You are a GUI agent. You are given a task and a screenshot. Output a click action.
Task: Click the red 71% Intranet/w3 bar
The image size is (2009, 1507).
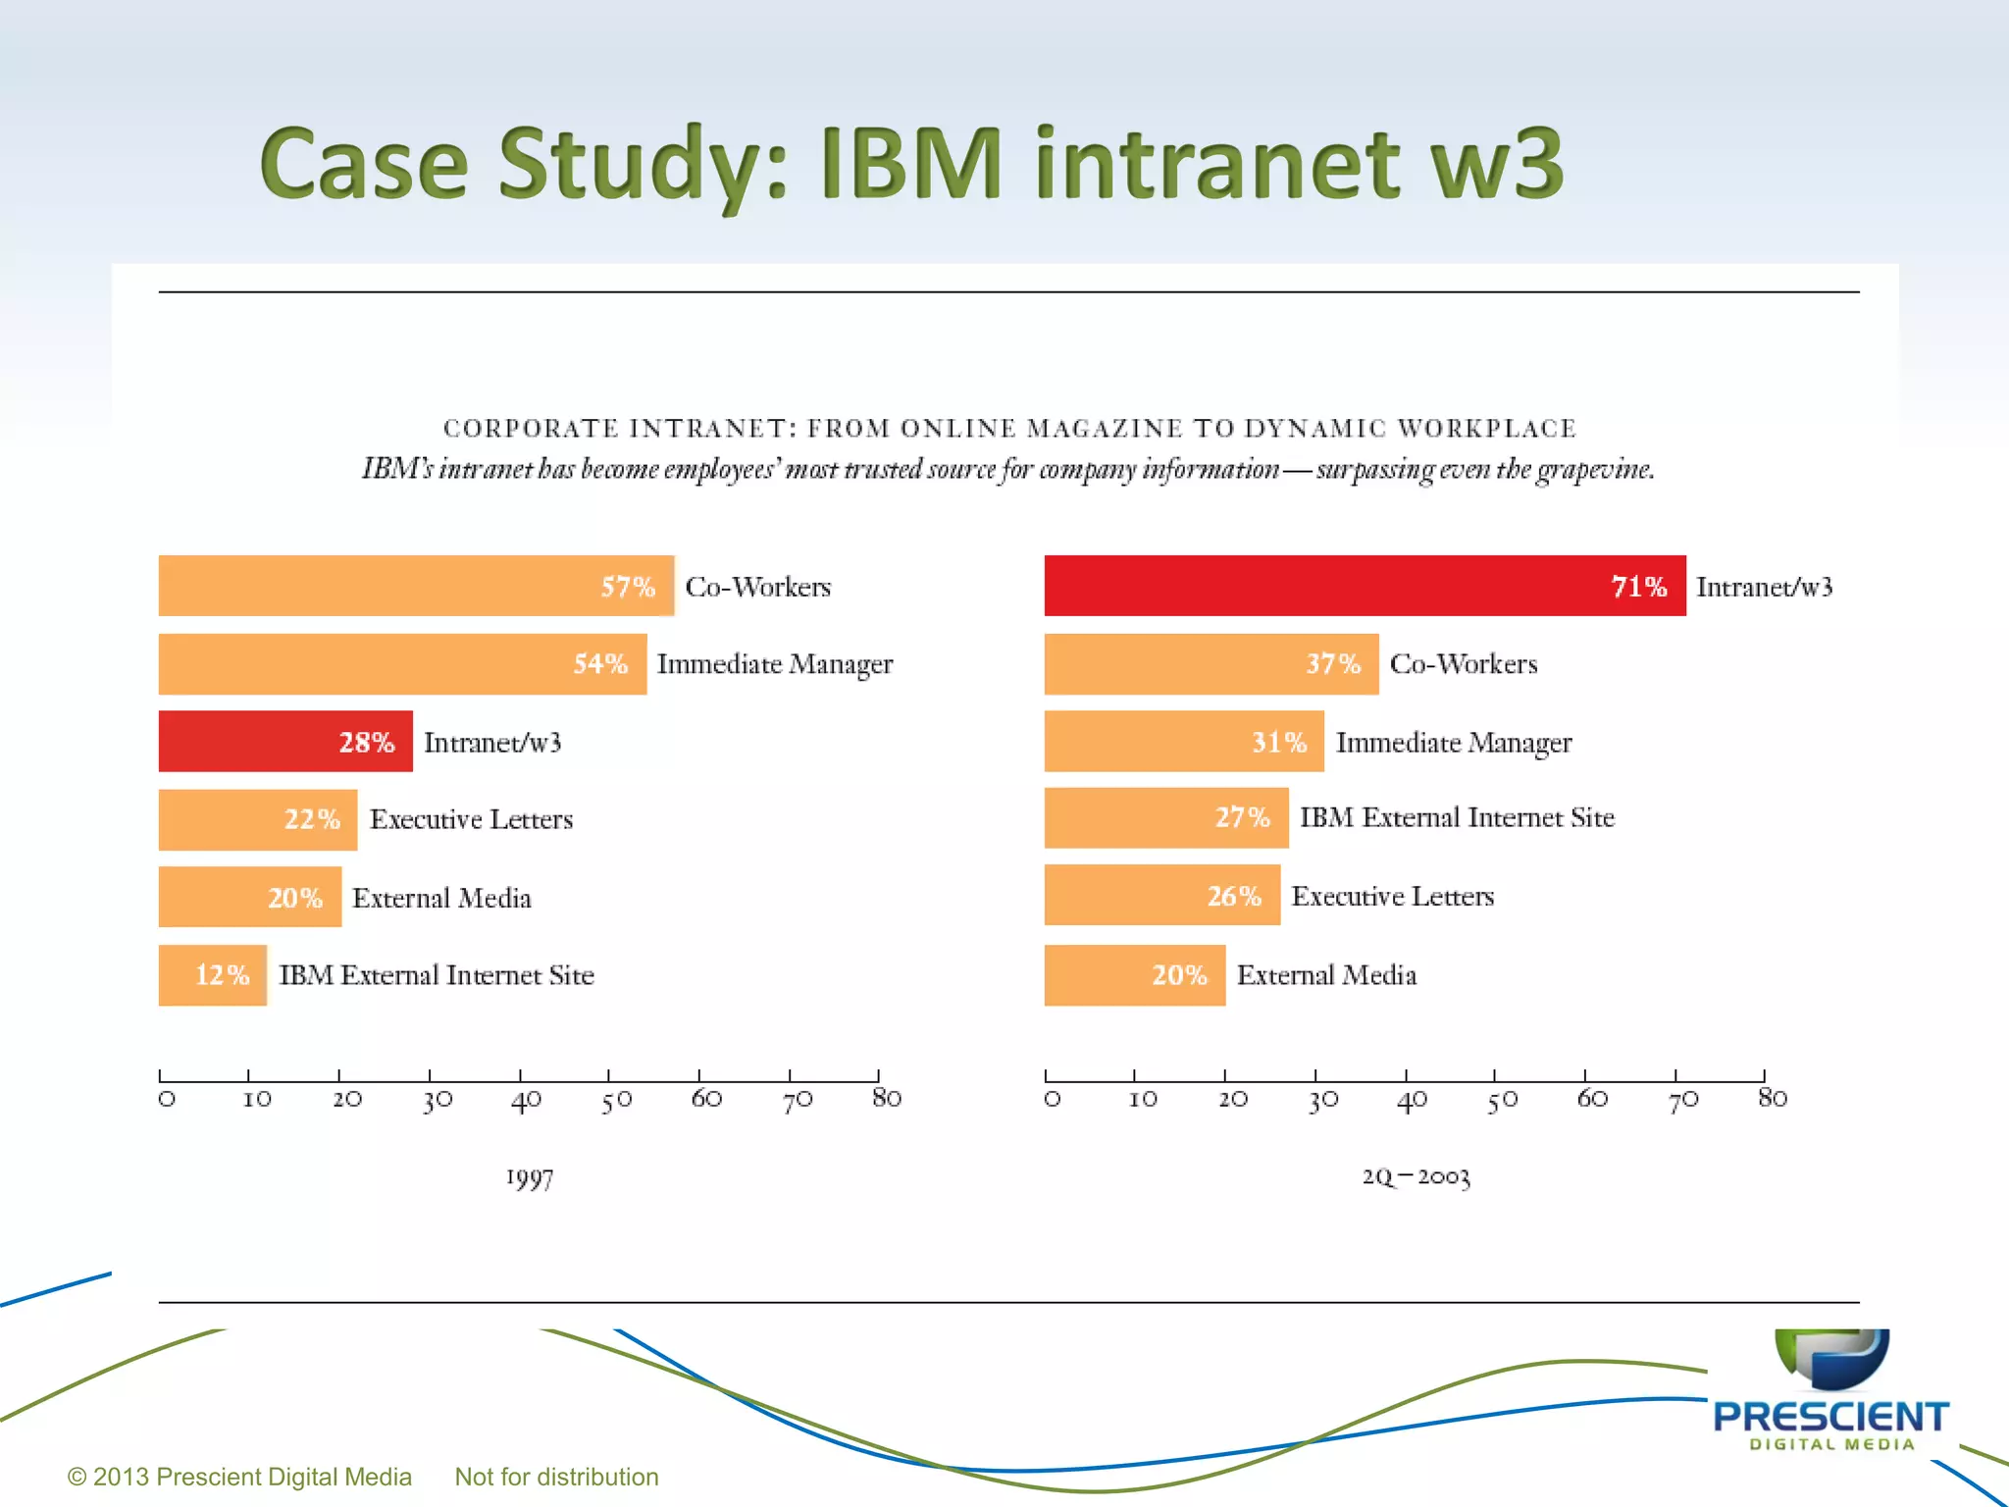pyautogui.click(x=1364, y=586)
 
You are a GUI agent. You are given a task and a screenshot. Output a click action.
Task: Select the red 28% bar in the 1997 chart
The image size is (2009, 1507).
pyautogui.click(x=284, y=741)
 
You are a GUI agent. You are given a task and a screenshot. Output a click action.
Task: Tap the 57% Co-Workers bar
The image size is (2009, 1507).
pyautogui.click(x=416, y=586)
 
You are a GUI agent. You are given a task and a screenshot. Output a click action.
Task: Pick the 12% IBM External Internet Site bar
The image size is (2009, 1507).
pyautogui.click(x=212, y=974)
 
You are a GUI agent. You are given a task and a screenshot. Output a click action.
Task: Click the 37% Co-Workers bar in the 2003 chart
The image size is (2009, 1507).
pyautogui.click(x=1211, y=664)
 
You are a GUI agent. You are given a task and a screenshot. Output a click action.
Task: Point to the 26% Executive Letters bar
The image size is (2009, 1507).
pyautogui.click(x=1161, y=895)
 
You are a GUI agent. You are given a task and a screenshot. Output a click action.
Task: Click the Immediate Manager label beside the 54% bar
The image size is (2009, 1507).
pyautogui.click(x=774, y=664)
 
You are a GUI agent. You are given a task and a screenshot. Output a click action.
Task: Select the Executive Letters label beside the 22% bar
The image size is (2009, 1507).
pyautogui.click(x=471, y=819)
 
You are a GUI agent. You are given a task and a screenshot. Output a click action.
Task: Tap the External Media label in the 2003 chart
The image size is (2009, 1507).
pyautogui.click(x=1326, y=974)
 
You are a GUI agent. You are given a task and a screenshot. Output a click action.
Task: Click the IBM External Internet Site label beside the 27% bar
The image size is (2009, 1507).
pyautogui.click(x=1457, y=817)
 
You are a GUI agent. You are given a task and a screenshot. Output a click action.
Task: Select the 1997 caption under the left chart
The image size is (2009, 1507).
pyautogui.click(x=530, y=1177)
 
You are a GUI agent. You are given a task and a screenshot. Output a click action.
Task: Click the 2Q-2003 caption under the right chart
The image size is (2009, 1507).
pyautogui.click(x=1416, y=1176)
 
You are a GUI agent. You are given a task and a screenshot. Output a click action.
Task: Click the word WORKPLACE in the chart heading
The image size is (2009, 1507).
pyautogui.click(x=1486, y=429)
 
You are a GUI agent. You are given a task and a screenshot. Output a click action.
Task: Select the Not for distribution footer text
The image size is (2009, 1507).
pyautogui.click(x=556, y=1477)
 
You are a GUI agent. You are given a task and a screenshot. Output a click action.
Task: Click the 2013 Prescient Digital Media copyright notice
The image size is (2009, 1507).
pyautogui.click(x=239, y=1477)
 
